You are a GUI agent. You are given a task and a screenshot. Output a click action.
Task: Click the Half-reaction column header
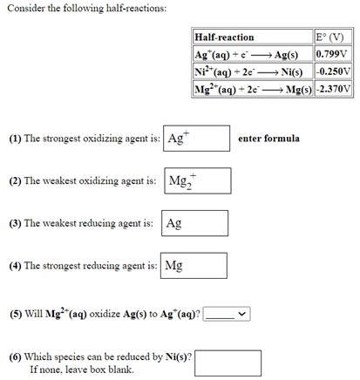click(225, 37)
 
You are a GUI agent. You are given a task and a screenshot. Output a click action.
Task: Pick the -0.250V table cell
click(334, 72)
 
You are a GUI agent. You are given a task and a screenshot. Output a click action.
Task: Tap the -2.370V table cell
click(334, 90)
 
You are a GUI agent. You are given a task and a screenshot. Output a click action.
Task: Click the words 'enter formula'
click(268, 139)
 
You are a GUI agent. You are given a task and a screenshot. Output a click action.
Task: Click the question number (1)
click(16, 139)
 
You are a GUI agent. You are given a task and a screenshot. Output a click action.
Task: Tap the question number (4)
click(16, 266)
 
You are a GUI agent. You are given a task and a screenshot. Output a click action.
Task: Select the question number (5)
click(16, 313)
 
